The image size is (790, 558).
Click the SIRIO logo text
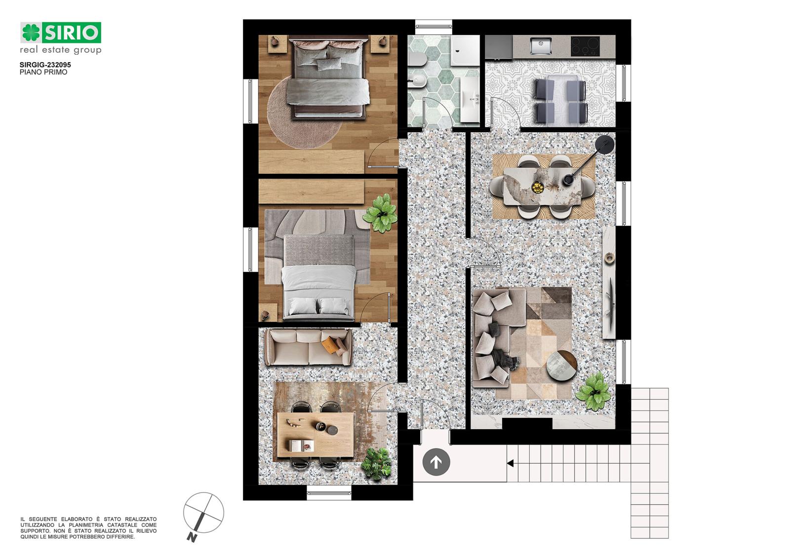pyautogui.click(x=72, y=33)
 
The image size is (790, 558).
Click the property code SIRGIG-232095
pyautogui.click(x=45, y=65)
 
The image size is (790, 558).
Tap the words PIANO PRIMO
pyautogui.click(x=43, y=72)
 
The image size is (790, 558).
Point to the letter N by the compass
pyautogui.click(x=192, y=537)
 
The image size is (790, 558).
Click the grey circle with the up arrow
pyautogui.click(x=436, y=462)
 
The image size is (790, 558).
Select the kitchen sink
pyautogui.click(x=541, y=46)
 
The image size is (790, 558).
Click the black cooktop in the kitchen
pyautogui.click(x=585, y=46)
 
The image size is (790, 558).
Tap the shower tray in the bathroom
pyautogui.click(x=465, y=50)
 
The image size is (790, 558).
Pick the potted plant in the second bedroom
pyautogui.click(x=380, y=213)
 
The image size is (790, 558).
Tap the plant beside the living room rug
pyautogui.click(x=594, y=392)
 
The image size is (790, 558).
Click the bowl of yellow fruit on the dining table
pyautogui.click(x=537, y=187)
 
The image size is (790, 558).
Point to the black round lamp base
pyautogui.click(x=605, y=145)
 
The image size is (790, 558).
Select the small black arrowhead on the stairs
pyautogui.click(x=510, y=464)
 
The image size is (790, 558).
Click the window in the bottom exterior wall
pyautogui.click(x=329, y=492)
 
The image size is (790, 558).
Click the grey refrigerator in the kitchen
pyautogui.click(x=499, y=47)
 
